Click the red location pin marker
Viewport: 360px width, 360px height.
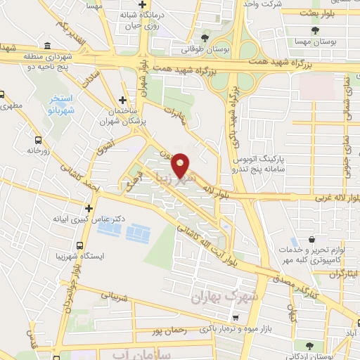(181, 164)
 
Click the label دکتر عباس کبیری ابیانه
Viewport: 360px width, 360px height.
(88, 219)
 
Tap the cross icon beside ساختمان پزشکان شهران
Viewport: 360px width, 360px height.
(123, 101)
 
